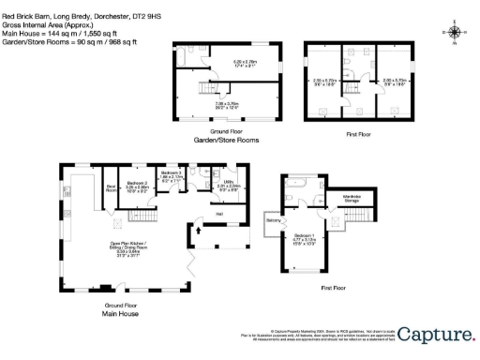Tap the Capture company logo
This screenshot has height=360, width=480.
[x=436, y=333]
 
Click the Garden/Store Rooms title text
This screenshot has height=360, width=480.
[x=226, y=140]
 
